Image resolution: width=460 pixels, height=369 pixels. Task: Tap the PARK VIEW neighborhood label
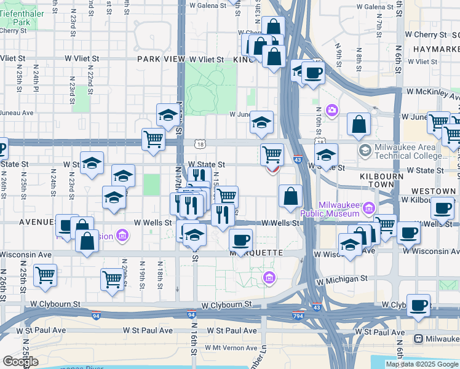(161, 59)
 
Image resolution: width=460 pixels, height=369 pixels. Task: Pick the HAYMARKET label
(436, 49)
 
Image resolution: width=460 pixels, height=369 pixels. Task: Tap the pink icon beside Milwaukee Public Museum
(369, 207)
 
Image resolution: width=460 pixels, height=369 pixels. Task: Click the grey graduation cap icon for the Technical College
(365, 150)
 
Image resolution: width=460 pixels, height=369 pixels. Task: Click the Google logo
(20, 362)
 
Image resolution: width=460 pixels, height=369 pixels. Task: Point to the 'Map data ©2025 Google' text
(421, 364)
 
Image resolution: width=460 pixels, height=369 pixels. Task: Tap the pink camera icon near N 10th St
(332, 110)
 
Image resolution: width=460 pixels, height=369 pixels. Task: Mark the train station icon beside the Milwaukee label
(419, 339)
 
